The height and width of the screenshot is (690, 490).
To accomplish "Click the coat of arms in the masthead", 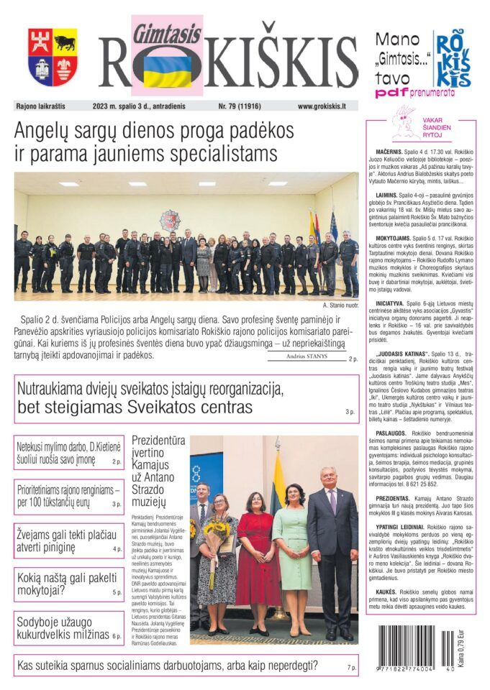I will (53, 57).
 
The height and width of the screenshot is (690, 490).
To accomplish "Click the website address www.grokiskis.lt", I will (322, 106).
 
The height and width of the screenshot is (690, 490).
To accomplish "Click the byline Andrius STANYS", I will (306, 355).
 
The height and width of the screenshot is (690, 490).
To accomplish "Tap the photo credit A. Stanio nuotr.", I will (340, 305).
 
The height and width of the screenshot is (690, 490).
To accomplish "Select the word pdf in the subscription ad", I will (386, 93).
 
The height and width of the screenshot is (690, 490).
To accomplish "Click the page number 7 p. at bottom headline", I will (352, 668).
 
